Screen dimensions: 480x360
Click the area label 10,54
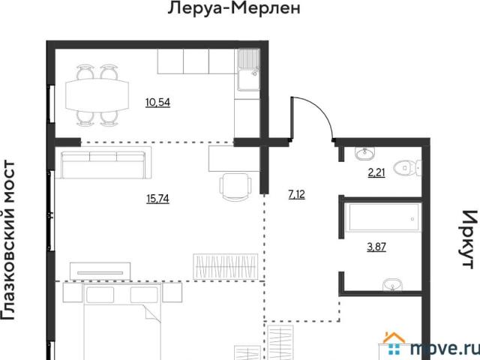click(157, 102)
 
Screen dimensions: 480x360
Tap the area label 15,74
click(157, 199)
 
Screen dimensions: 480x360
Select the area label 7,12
click(296, 194)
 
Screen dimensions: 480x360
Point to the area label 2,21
click(376, 173)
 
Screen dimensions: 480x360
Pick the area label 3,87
click(376, 247)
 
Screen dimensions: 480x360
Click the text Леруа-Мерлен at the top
click(234, 8)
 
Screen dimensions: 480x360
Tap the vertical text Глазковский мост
click(7, 240)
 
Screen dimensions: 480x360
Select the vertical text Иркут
click(469, 239)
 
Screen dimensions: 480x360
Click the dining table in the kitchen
click(97, 95)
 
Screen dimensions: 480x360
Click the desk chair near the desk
click(235, 187)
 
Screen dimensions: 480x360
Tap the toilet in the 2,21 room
click(407, 168)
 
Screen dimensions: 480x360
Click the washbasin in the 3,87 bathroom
click(393, 285)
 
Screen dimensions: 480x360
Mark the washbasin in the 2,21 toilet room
click(365, 153)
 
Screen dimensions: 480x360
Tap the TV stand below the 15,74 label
click(100, 271)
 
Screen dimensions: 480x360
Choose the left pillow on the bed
click(100, 295)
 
